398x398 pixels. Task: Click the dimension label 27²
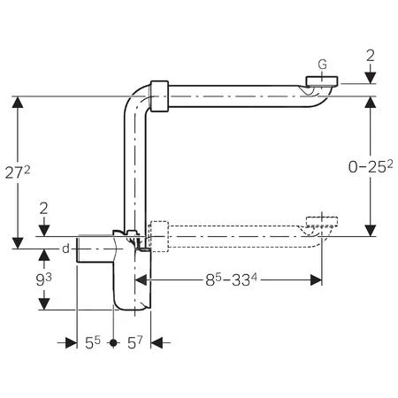pos(18,172)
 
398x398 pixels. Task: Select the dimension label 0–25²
pos(371,166)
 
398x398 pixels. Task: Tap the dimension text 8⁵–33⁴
pos(231,279)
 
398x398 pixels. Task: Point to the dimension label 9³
pos(43,279)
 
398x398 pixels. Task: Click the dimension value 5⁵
pos(93,342)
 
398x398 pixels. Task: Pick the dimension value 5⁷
pos(134,342)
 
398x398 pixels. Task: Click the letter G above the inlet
pos(323,65)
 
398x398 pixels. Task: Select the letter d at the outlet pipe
pos(65,249)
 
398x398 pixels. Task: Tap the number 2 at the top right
pos(371,56)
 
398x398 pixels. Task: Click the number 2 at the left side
pos(43,209)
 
